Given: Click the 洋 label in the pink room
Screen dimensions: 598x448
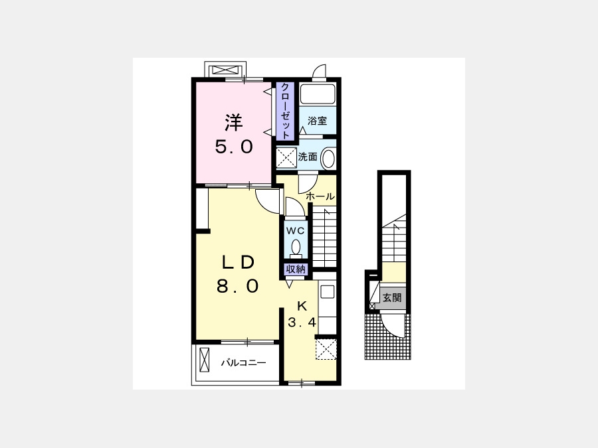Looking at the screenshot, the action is [x=233, y=122].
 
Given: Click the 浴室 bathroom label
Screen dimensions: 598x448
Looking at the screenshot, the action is [x=318, y=121].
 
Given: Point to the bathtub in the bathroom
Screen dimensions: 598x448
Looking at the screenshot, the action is [x=318, y=94].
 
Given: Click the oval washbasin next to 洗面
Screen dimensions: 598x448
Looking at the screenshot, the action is [x=328, y=159].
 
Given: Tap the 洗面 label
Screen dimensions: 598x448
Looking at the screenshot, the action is [x=308, y=157].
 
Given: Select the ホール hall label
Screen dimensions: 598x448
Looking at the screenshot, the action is [x=320, y=196].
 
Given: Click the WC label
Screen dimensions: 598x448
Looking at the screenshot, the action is [x=296, y=230].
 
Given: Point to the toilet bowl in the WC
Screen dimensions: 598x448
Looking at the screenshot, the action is [x=296, y=248].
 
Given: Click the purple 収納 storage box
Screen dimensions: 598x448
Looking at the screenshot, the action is [x=296, y=269].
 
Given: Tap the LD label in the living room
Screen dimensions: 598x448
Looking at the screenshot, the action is [x=239, y=262].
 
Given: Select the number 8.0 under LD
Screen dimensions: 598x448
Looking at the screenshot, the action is [x=238, y=286].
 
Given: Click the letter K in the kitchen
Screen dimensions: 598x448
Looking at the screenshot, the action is [x=302, y=306].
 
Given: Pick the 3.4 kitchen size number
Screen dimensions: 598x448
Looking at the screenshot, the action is [x=302, y=323].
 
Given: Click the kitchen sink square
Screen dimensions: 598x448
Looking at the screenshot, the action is [x=327, y=292].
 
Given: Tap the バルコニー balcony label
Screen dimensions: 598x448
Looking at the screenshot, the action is [x=243, y=362].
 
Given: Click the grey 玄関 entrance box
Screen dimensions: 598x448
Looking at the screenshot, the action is [x=392, y=297].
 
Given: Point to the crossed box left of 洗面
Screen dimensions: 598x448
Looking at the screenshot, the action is [x=286, y=158].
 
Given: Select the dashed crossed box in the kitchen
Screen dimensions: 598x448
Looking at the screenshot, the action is [x=326, y=349].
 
